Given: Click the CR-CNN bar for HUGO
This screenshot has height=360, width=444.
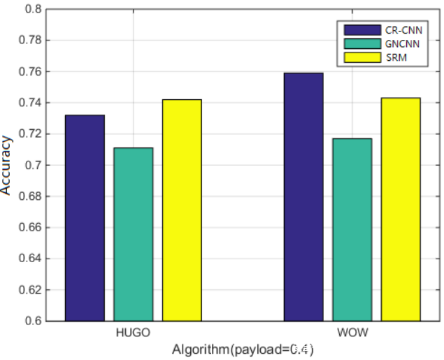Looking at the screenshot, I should click(x=85, y=217).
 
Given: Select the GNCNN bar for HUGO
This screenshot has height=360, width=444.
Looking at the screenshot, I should click(x=133, y=234).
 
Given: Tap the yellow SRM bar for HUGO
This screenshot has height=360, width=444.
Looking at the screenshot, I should click(x=182, y=210).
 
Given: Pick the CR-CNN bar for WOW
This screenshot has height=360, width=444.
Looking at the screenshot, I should click(x=303, y=196).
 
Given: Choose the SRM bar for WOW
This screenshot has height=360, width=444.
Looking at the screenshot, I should click(x=401, y=209).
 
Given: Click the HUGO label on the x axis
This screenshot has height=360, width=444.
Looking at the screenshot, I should click(x=133, y=333).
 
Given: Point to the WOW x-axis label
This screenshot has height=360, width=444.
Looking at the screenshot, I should click(x=352, y=333).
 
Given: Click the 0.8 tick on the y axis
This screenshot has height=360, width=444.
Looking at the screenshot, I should click(x=34, y=10).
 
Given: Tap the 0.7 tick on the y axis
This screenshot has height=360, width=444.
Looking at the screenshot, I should click(x=34, y=166).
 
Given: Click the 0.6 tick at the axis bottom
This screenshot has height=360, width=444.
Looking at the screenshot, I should click(x=34, y=322).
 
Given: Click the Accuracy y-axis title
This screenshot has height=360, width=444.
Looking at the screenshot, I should click(x=7, y=165).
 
